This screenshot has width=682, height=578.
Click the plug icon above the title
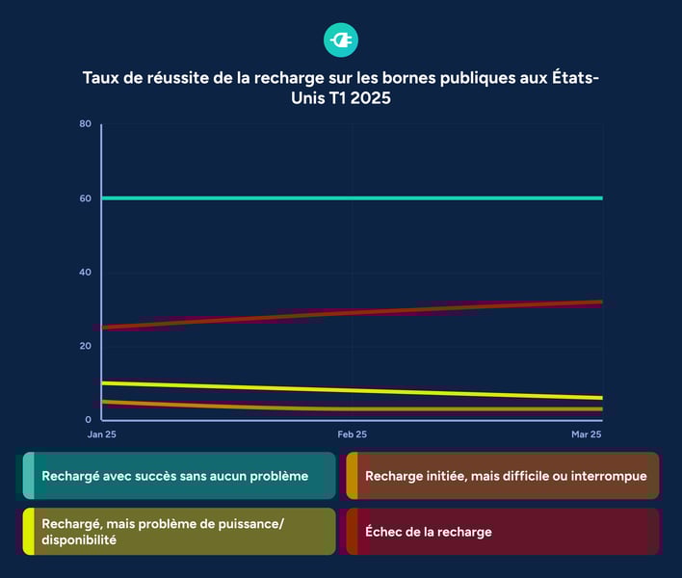click(341, 39)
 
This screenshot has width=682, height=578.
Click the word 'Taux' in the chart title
click(102, 78)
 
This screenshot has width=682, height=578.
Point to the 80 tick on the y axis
click(86, 124)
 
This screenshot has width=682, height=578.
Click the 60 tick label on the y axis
click(86, 198)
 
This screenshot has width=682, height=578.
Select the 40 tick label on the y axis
click(86, 273)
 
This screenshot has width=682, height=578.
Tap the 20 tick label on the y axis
click(86, 346)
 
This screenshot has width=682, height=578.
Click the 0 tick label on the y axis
click(88, 420)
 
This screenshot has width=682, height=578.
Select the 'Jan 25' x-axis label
click(104, 435)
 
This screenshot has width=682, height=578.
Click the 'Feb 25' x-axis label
click(352, 435)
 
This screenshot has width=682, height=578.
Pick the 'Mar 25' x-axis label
click(586, 435)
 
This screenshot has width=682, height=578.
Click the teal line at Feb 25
click(352, 198)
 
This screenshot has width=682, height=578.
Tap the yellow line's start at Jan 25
click(103, 383)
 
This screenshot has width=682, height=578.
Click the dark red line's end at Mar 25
click(601, 302)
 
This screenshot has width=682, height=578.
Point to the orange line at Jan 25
click(103, 402)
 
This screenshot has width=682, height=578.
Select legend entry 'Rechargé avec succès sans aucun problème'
click(174, 476)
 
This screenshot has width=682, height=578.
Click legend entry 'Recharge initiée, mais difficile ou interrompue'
click(505, 476)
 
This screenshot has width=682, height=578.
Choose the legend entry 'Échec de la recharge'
click(428, 532)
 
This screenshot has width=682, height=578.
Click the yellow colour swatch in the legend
click(29, 532)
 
